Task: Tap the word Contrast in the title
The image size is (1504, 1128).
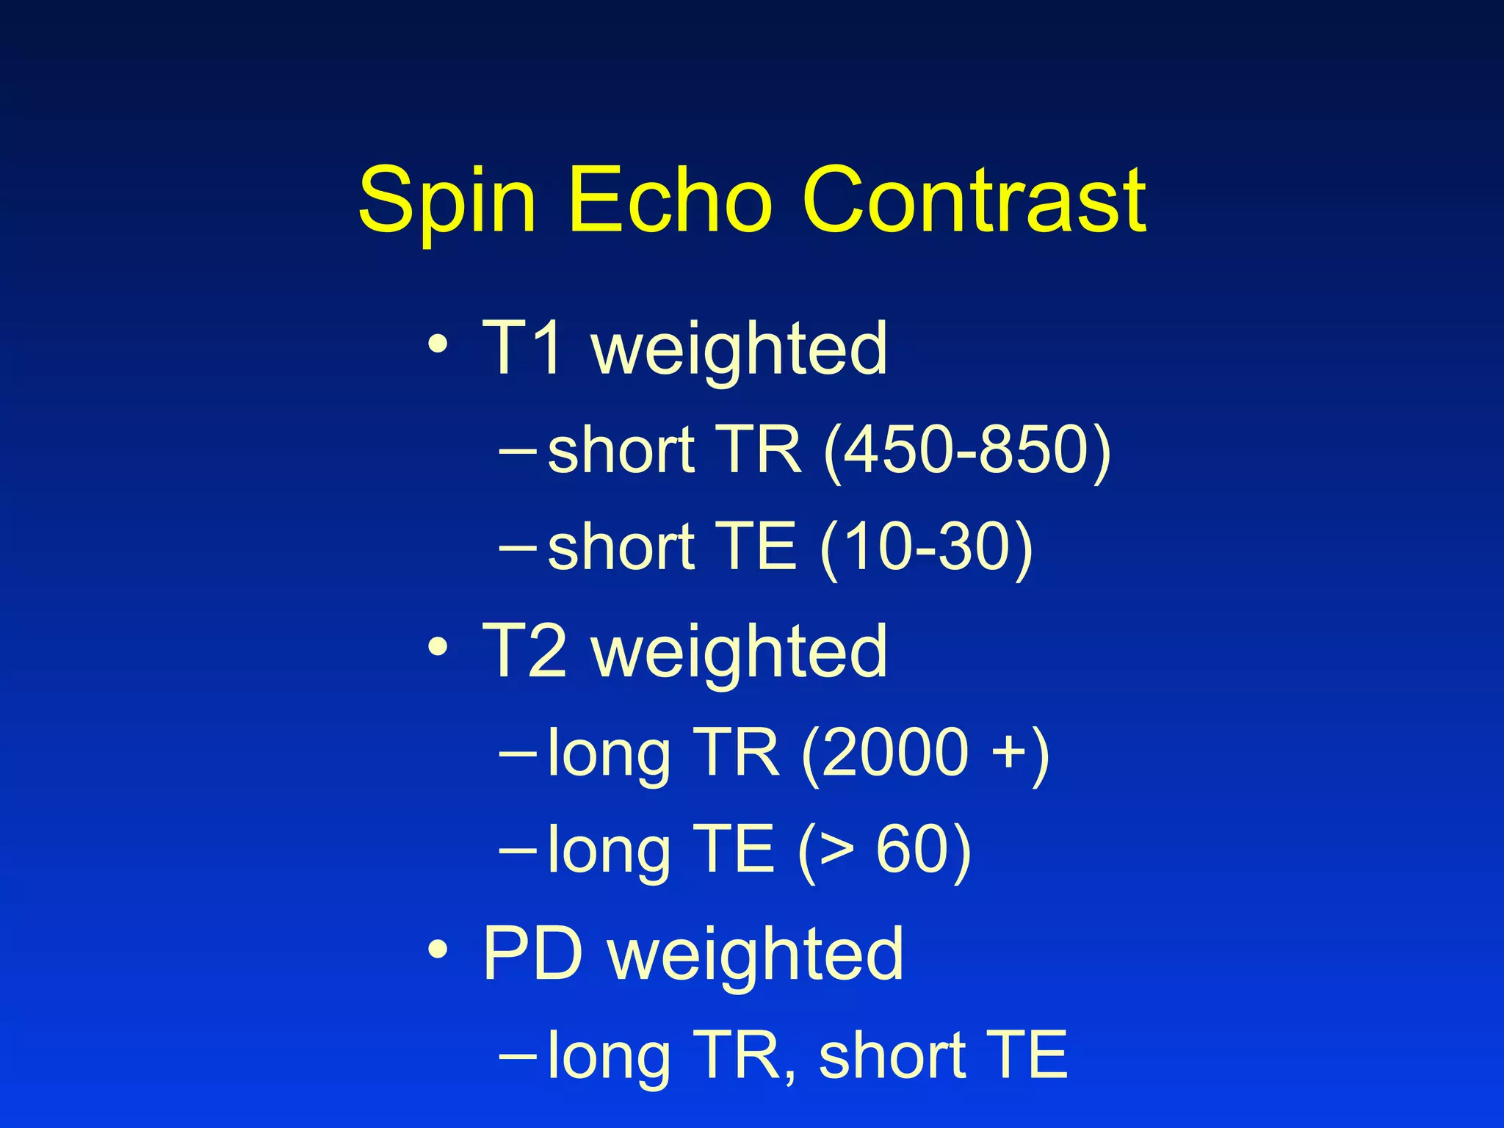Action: pyautogui.click(x=974, y=200)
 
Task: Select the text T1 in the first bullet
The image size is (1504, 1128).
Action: pyautogui.click(x=524, y=348)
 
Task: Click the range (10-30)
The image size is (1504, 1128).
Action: pyautogui.click(x=926, y=546)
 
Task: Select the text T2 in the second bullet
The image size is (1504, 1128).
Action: pyautogui.click(x=524, y=651)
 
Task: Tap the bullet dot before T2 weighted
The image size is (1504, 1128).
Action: pyautogui.click(x=438, y=646)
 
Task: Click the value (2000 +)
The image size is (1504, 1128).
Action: pyautogui.click(x=925, y=752)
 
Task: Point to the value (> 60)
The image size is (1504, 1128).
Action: pyautogui.click(x=884, y=849)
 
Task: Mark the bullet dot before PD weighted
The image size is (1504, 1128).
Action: pyautogui.click(x=438, y=950)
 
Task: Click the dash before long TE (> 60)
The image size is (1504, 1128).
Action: pyautogui.click(x=517, y=849)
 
